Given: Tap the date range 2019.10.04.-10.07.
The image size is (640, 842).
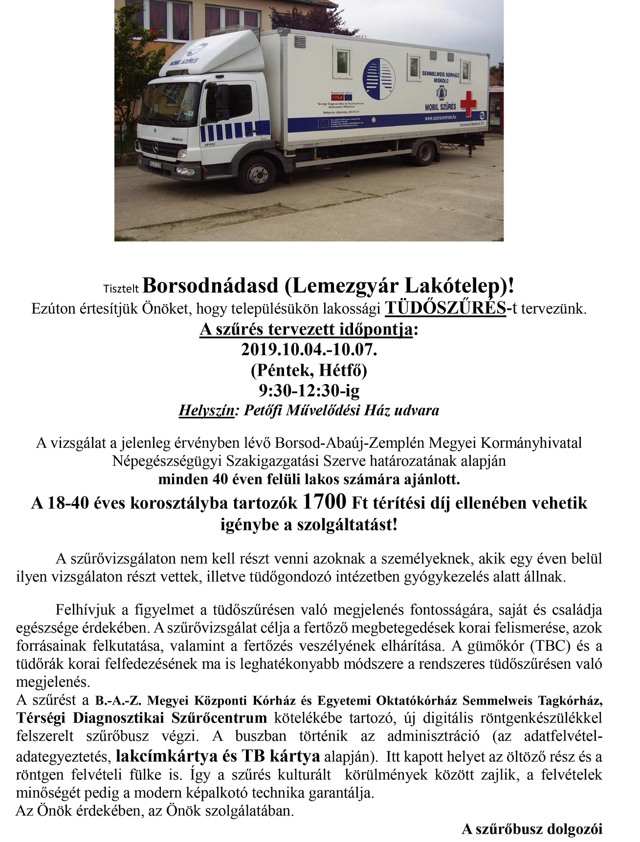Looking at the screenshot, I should [309, 350].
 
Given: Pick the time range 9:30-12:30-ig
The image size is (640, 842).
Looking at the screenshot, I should [309, 390].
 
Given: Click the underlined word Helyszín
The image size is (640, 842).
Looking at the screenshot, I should [206, 410].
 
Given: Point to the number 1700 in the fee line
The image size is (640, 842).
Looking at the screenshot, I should [324, 502].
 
